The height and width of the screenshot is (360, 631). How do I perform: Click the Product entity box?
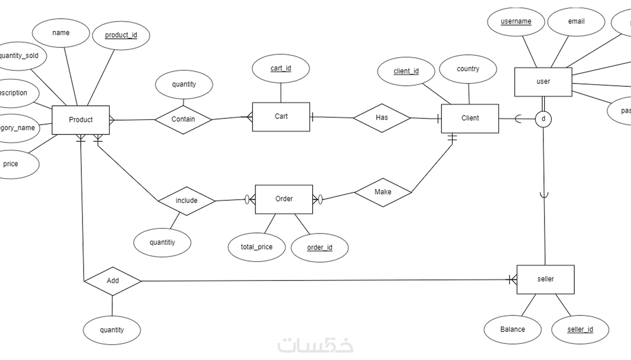81,120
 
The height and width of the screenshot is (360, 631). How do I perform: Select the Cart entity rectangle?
281,117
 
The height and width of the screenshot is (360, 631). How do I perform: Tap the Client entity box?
470,118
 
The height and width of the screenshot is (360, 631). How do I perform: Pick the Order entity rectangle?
284,199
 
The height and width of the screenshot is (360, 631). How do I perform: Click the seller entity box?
545,279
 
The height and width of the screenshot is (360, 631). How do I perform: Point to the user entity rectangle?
543,82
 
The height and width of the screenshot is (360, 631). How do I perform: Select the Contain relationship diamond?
183,119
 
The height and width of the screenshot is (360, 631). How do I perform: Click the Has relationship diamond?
382,118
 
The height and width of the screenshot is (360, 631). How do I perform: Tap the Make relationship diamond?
383,192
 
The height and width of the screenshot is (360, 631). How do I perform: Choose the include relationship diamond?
186,201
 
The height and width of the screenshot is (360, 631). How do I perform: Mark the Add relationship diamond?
112,281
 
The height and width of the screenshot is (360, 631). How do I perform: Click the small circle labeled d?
543,119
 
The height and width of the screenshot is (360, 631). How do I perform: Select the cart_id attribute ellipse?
281,68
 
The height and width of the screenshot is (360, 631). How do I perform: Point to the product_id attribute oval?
121,35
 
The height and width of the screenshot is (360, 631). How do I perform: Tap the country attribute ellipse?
468,69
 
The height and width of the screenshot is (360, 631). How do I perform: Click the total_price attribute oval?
256,247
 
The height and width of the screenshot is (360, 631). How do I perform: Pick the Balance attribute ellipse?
512,330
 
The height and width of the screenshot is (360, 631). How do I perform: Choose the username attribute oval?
516,22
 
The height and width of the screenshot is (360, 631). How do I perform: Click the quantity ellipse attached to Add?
112,330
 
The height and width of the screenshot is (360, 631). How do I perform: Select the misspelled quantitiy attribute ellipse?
162,243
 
